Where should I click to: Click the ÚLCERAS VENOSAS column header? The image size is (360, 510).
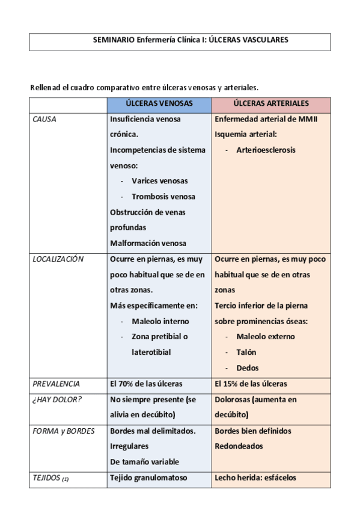159,103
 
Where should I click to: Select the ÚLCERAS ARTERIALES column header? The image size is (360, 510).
271,103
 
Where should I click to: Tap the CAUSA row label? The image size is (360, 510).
45,119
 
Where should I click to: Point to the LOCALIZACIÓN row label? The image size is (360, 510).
58,259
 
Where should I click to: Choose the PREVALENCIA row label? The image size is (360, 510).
56,384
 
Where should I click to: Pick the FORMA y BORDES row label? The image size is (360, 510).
63,431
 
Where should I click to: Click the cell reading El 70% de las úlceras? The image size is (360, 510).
146,384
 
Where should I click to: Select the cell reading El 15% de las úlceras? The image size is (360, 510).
251,384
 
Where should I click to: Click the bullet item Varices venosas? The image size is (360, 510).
159,181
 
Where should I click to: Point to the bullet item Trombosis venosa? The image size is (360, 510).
163,197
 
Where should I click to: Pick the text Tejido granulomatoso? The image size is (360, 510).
149,478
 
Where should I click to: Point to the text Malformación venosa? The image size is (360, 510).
148,244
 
